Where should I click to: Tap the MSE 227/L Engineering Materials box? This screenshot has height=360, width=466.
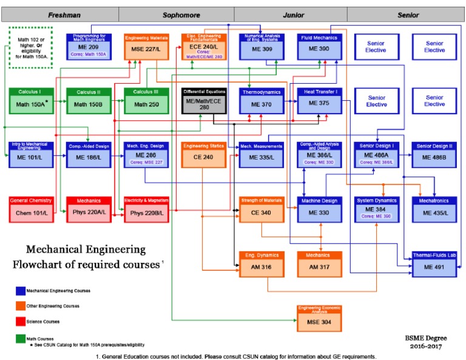146,47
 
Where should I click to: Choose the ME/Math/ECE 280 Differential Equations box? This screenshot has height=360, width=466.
204,101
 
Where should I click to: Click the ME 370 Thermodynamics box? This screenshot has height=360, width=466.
262,101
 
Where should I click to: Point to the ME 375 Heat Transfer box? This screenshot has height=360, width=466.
319,101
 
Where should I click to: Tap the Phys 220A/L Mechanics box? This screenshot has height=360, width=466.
89,209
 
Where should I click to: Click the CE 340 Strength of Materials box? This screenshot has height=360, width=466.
262,209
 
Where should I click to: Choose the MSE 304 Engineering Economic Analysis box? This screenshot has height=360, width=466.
319,318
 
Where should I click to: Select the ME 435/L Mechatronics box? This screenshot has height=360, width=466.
434,209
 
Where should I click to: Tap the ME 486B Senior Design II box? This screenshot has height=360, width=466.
434,155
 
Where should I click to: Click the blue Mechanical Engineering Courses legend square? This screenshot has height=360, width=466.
21,291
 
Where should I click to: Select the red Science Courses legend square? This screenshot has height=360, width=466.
21,321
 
